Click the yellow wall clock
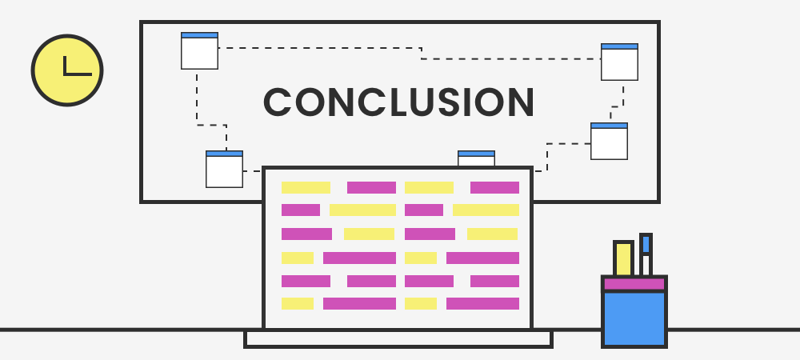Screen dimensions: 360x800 tap(67, 70)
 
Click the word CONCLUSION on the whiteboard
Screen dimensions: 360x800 tap(398, 102)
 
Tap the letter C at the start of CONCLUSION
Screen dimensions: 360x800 tap(278, 102)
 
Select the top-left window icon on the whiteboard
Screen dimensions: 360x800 tap(199, 50)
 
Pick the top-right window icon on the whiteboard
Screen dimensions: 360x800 tap(619, 62)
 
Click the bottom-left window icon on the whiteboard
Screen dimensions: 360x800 tap(224, 169)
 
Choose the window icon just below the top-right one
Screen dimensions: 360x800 tap(609, 142)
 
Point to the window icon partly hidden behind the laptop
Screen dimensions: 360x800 tap(476, 158)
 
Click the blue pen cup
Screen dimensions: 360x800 tap(634, 318)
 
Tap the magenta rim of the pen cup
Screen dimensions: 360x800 tap(634, 284)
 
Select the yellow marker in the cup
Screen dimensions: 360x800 tap(623, 258)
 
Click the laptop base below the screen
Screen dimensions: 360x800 tap(398, 338)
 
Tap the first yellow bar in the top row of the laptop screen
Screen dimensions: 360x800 tap(306, 188)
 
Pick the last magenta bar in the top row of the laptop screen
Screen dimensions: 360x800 tap(494, 188)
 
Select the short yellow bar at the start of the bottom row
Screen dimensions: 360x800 tap(297, 304)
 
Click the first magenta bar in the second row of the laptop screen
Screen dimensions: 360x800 tap(301, 210)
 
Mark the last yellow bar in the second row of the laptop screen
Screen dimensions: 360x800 tap(486, 210)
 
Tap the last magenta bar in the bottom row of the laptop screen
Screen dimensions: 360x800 tap(482, 304)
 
